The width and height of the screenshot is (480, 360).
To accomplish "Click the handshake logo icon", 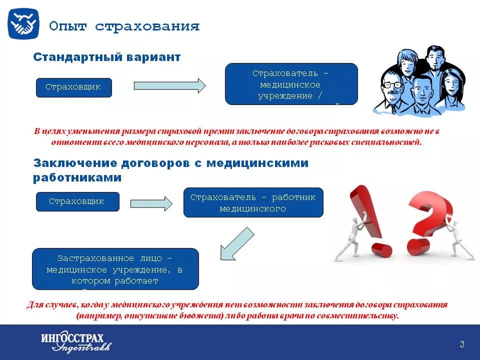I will click(23, 23).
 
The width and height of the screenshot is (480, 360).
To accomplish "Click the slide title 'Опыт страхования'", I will click(124, 26).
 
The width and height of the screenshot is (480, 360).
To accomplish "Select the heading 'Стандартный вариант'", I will click(106, 57).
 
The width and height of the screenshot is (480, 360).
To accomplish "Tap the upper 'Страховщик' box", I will click(73, 87).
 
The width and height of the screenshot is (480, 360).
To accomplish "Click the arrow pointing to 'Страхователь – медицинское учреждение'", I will click(170, 85).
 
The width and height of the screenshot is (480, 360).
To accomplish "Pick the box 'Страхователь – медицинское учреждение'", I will click(291, 84).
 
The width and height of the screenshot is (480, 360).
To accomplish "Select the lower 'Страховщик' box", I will click(77, 201).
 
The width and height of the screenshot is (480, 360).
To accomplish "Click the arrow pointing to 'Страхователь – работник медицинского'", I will click(151, 203).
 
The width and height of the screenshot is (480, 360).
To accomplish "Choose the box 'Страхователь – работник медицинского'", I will click(253, 202).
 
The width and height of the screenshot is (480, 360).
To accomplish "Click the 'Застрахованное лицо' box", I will click(115, 269).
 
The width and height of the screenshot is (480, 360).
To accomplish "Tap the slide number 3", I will click(461, 344).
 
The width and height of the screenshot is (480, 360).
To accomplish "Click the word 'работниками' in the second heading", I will click(77, 177).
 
